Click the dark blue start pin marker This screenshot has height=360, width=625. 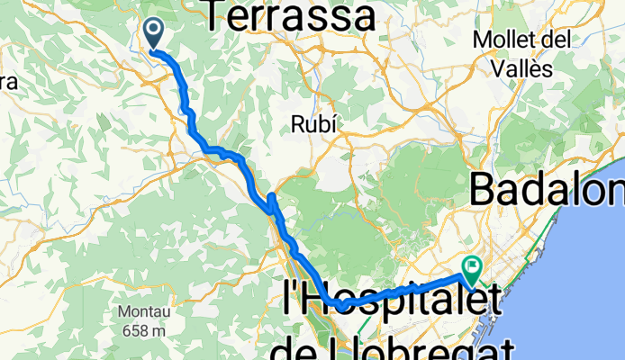click(x=154, y=34)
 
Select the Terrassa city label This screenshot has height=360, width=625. click(x=290, y=15)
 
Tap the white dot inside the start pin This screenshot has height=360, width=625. click(x=154, y=30)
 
